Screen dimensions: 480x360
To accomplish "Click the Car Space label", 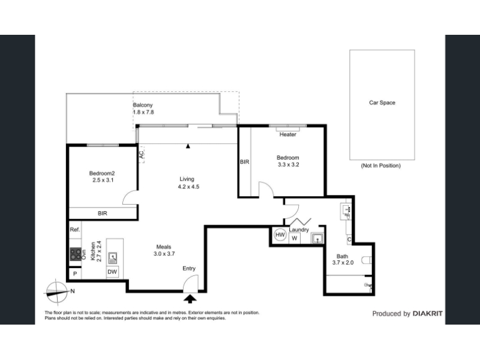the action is [x=382, y=103].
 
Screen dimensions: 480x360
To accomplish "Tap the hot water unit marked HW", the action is [x=280, y=235].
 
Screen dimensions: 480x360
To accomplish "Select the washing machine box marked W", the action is [x=295, y=238].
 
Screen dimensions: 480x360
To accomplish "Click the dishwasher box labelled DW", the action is [x=112, y=272].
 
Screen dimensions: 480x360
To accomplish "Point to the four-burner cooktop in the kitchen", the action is [x=76, y=254].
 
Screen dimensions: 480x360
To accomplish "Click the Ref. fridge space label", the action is [x=75, y=230].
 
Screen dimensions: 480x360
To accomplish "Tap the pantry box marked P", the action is [x=75, y=274].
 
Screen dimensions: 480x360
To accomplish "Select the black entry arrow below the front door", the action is [x=190, y=299].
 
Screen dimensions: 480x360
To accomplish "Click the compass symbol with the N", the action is [x=57, y=292].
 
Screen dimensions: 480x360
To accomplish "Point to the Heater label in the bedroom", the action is [x=288, y=134].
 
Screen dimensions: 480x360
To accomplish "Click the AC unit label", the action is [x=142, y=155].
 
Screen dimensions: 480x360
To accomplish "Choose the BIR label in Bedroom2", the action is [x=103, y=214].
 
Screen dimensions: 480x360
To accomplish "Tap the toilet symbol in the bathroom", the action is [x=367, y=260].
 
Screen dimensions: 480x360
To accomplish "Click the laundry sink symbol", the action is [x=317, y=238].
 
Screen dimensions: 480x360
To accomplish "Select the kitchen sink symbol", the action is [x=113, y=258].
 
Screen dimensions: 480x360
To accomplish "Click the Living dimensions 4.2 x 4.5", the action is [x=188, y=187].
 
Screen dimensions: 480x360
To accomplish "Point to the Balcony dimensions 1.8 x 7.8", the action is [x=143, y=112].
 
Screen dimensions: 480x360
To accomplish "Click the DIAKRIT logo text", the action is [x=428, y=313].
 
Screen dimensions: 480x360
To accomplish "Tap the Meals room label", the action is [x=164, y=247].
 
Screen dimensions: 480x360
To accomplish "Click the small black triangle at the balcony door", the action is [x=188, y=146].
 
